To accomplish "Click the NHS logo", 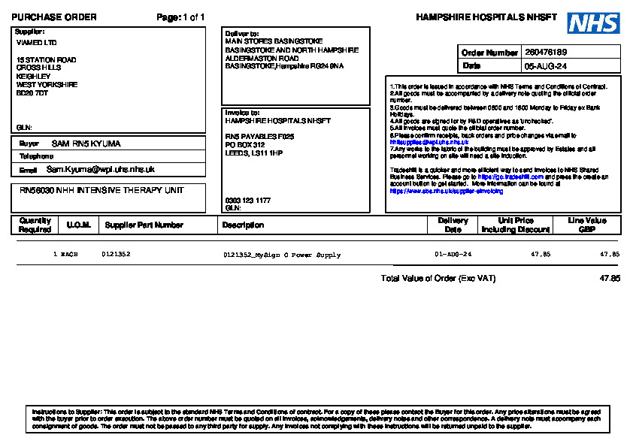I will (x=593, y=23).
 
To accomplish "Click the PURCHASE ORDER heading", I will (x=54, y=17).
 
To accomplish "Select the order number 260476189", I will (x=546, y=53).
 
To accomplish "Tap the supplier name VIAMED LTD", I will (x=36, y=43).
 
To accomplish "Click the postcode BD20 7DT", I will (x=32, y=94).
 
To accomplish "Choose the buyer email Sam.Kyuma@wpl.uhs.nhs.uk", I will (x=101, y=170).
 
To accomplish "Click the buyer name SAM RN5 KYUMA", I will (x=86, y=143).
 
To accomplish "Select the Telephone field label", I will (x=36, y=156).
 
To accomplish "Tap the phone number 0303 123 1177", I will (x=248, y=201).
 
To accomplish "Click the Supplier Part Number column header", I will (x=144, y=225).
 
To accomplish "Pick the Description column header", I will (x=243, y=225).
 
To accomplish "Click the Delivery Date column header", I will (x=453, y=225).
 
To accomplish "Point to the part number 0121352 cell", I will (x=116, y=255).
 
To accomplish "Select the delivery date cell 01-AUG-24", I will (x=453, y=255).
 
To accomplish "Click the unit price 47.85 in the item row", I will (x=541, y=255).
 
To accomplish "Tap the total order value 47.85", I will (x=610, y=278).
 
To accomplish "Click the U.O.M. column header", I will (x=78, y=225).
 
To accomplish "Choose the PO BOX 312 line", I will (x=245, y=144).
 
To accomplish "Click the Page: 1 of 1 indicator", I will (x=180, y=17).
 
